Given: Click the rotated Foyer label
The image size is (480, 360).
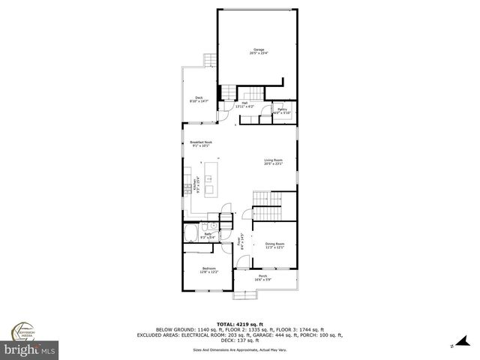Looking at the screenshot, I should tap(241, 242).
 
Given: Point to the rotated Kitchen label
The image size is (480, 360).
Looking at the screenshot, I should tap(194, 185).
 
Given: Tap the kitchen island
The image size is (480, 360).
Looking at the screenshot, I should tap(209, 185).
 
